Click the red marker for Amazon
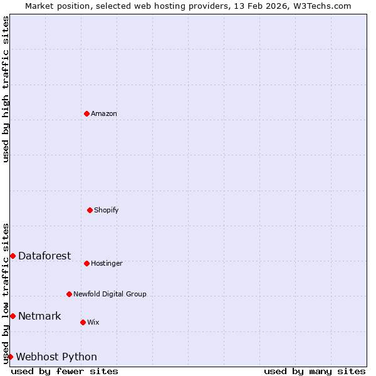pos(86,113)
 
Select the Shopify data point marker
pos(90,210)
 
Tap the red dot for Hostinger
pos(86,263)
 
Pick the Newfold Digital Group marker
pos(69,294)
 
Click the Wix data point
pos(83,322)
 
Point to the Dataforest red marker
pos(13,256)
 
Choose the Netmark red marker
pos(13,316)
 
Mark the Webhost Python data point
pos(10,357)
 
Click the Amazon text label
pos(104,113)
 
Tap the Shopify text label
pos(107,210)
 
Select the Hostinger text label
pos(107,263)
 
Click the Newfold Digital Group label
pos(110,294)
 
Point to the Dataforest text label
pos(44,256)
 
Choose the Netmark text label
pos(39,316)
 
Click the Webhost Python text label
pos(56,357)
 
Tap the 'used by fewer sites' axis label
pos(65,371)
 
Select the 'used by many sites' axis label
pos(315,371)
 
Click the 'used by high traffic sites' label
pos(6,89)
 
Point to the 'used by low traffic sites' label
pos(6,293)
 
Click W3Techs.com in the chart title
pos(323,6)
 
